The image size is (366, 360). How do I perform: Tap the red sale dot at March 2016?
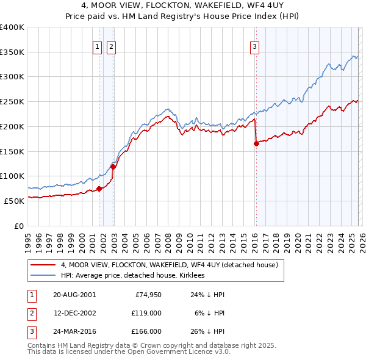256,144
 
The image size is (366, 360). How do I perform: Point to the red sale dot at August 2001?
99,189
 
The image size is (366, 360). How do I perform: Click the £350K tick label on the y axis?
12,52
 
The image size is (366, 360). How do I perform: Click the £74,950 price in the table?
146,294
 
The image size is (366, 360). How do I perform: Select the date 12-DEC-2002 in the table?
74,313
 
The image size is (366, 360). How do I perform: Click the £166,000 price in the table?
146,331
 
